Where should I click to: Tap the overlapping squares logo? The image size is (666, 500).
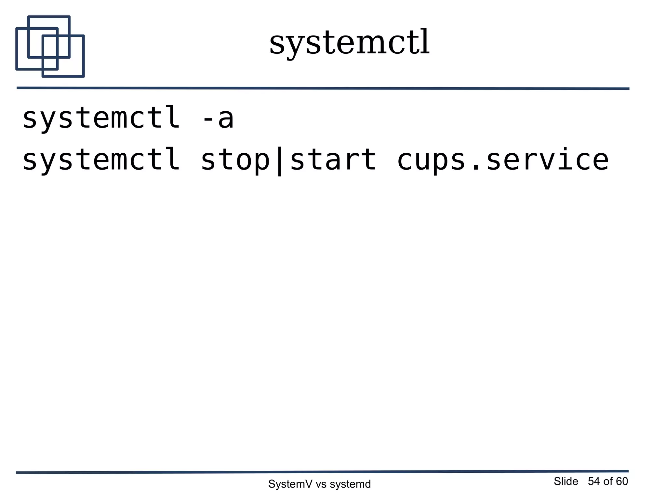click(50, 47)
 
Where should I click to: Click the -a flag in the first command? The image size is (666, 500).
click(218, 118)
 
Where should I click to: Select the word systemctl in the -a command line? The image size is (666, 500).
click(101, 118)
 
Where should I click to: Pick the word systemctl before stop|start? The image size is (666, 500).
click(101, 160)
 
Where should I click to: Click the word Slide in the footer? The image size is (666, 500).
click(566, 481)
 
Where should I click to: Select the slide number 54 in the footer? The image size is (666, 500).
click(594, 481)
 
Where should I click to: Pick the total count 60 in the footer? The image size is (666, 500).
click(622, 481)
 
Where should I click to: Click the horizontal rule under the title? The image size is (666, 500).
click(323, 88)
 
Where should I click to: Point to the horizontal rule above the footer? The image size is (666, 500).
click(322, 472)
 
